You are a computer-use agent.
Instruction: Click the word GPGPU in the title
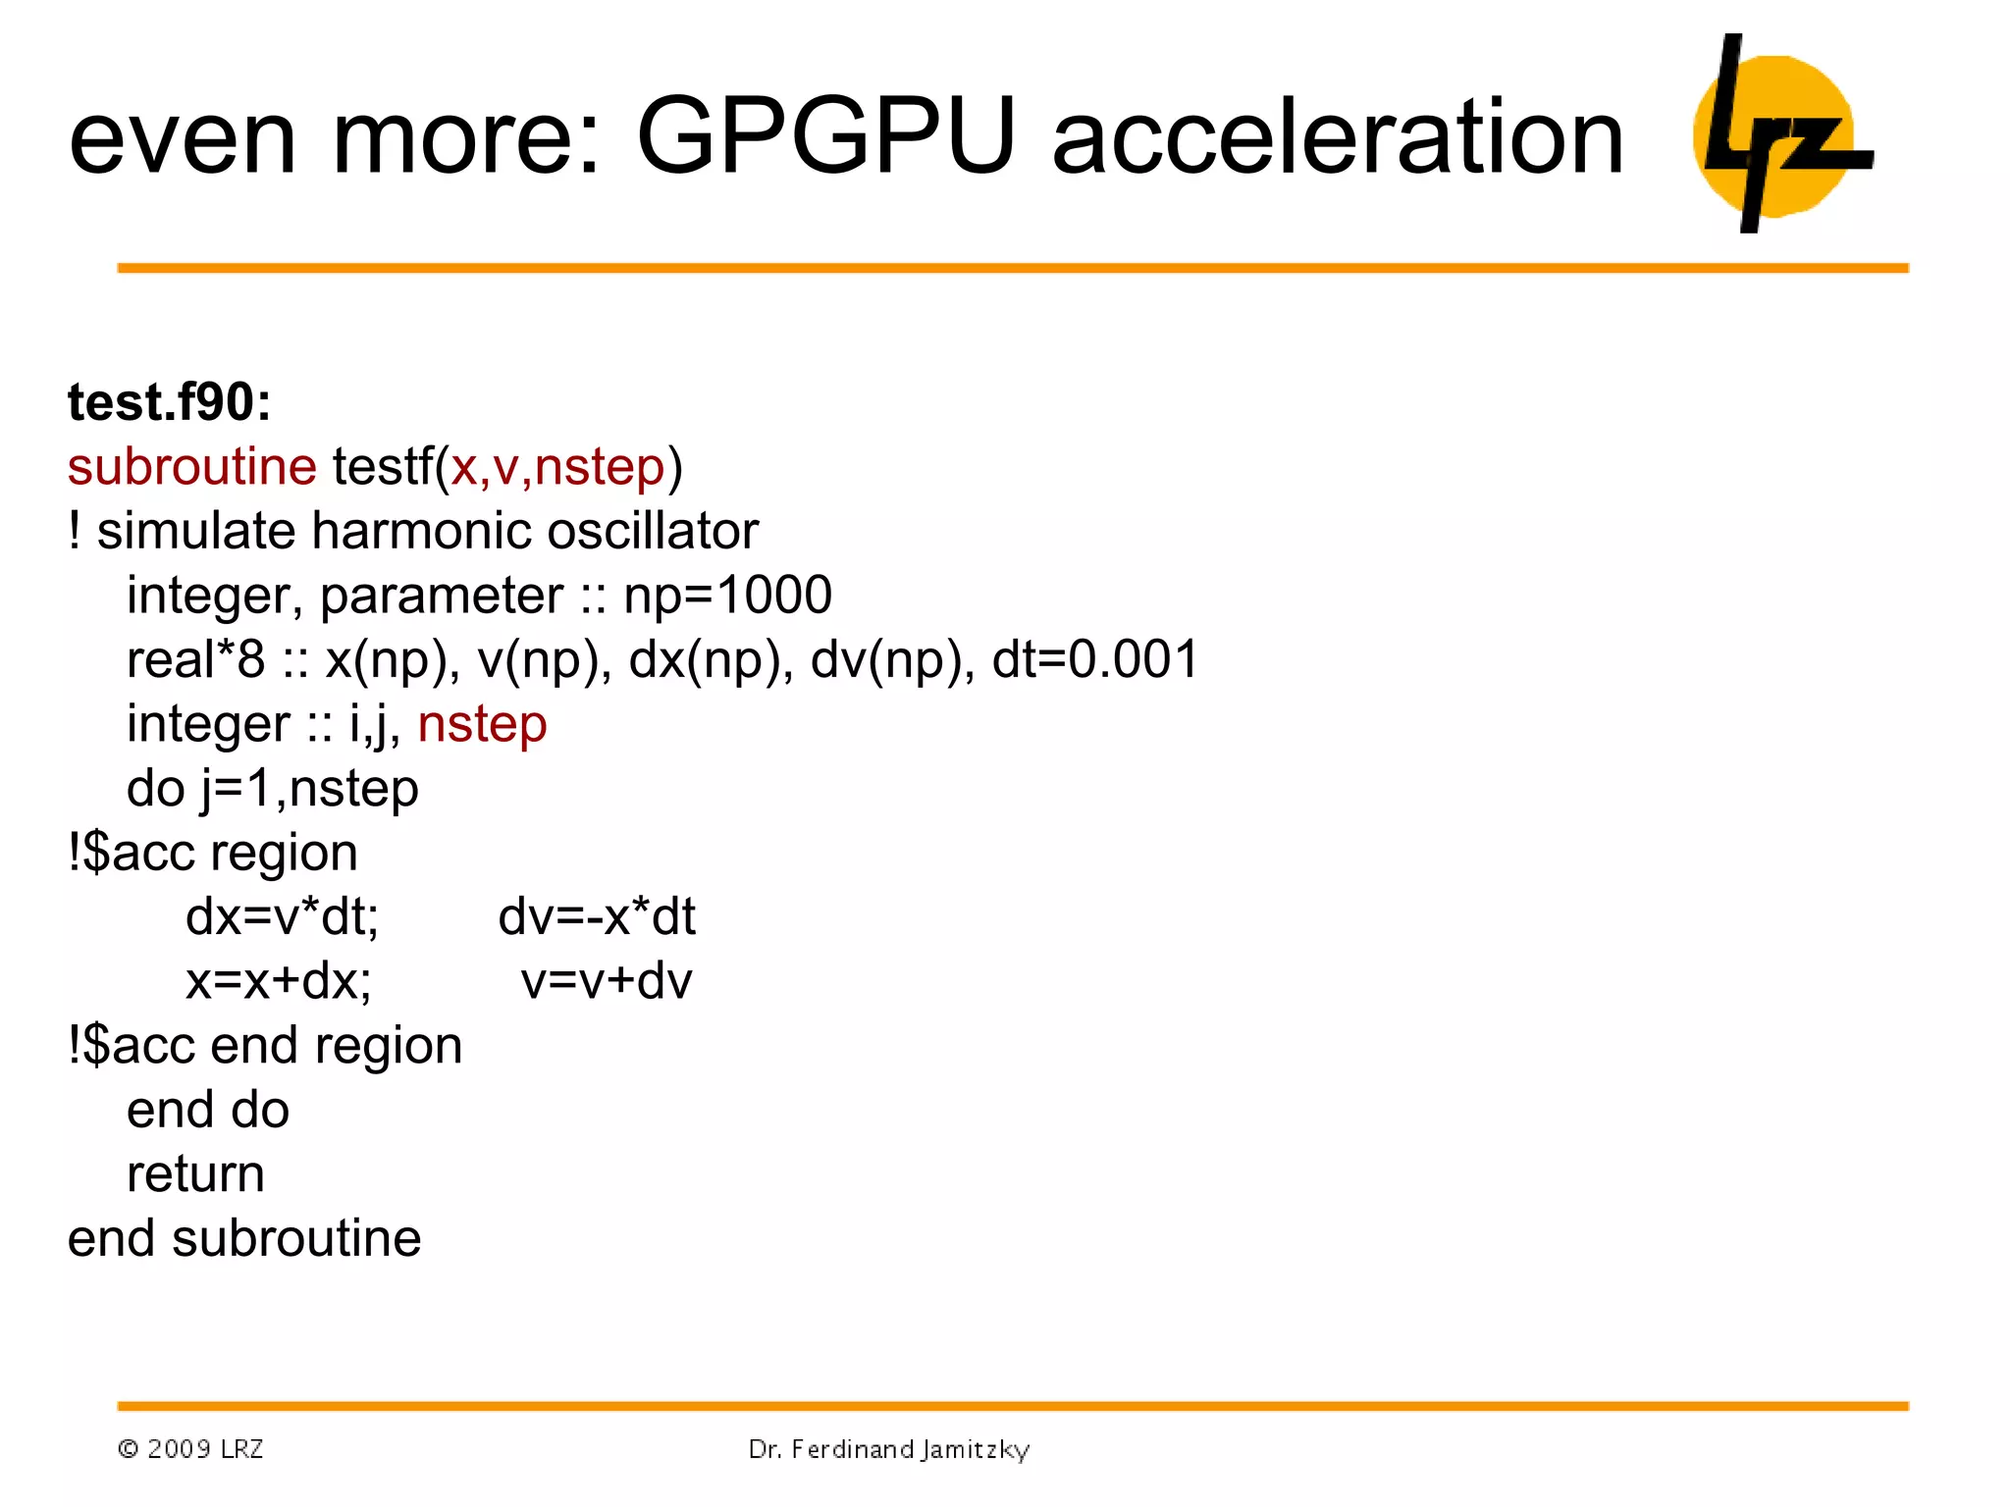824,136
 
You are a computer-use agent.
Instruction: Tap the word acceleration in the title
1338,138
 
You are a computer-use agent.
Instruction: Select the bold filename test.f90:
169,402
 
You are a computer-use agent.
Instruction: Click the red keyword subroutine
191,467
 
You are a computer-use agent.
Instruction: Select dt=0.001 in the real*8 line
1095,659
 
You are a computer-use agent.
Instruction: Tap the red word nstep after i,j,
482,725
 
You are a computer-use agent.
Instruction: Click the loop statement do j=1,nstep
272,789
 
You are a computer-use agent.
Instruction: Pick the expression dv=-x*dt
597,917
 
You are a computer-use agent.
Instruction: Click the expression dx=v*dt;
282,917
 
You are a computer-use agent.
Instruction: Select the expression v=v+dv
607,981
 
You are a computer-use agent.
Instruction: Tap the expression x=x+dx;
279,981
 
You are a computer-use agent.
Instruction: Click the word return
195,1174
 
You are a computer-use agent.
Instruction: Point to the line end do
208,1111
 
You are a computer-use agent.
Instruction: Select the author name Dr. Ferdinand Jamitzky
888,1449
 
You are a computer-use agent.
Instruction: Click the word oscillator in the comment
653,532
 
